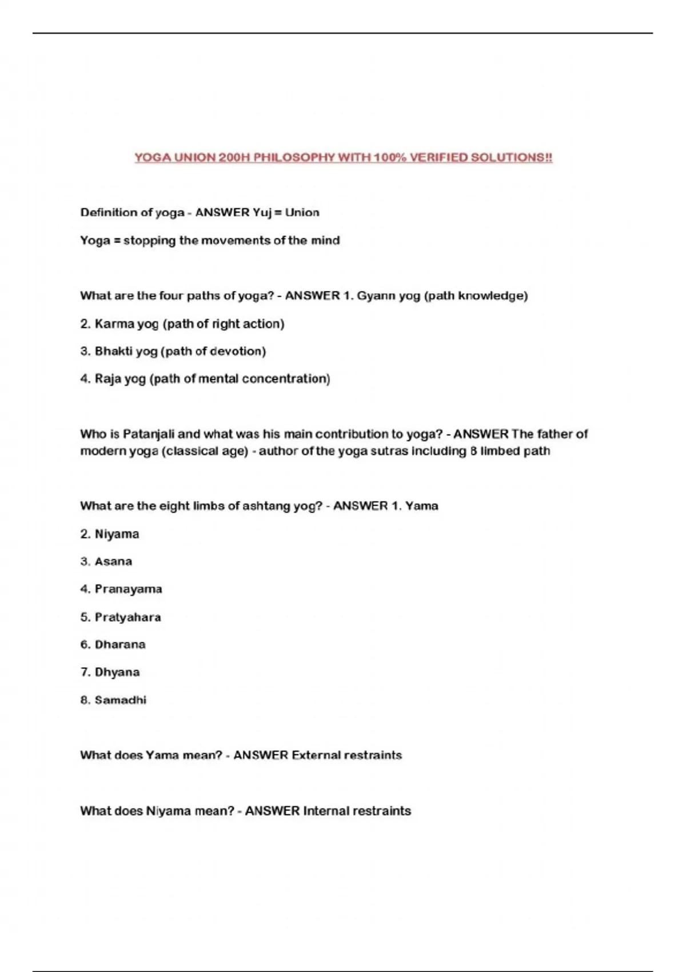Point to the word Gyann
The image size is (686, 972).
[376, 296]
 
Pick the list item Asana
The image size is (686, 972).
[113, 561]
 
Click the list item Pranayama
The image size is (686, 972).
[128, 589]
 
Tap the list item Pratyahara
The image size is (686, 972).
[127, 617]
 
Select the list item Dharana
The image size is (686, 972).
[120, 644]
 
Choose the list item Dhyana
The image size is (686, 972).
[117, 672]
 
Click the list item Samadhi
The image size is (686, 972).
[121, 700]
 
